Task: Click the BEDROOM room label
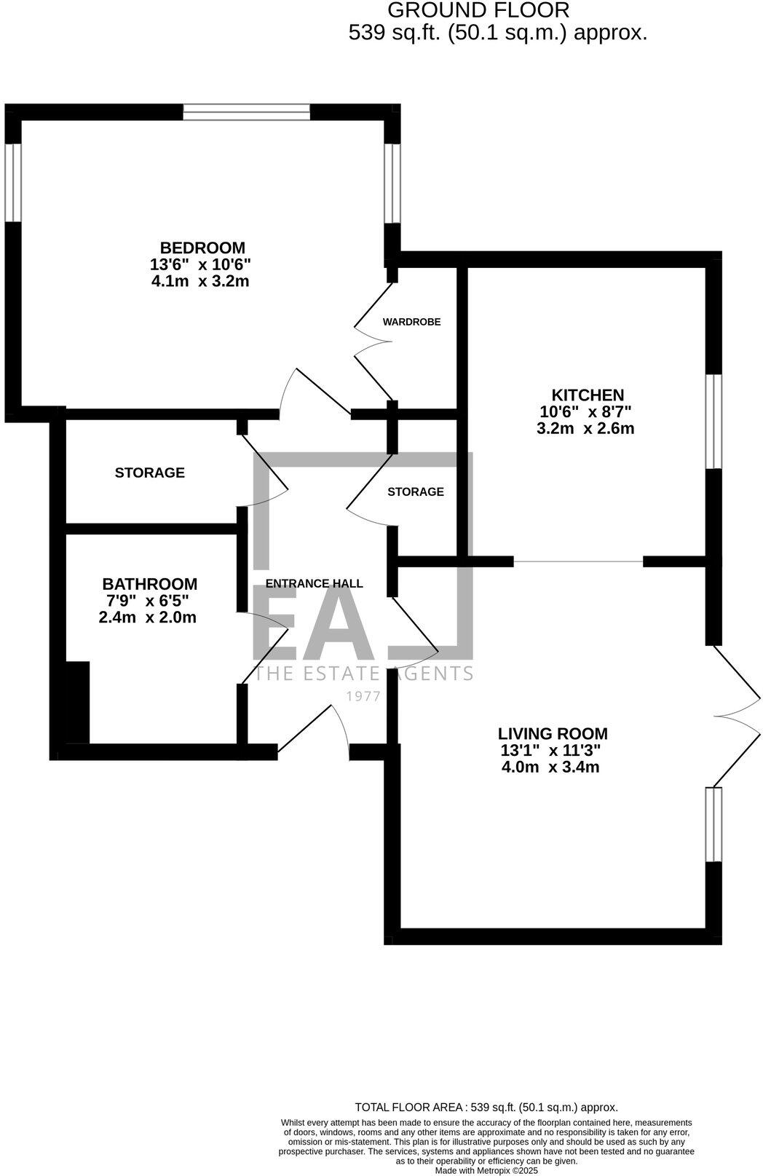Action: pos(202,248)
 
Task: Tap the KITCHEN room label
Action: pos(587,395)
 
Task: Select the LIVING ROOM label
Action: pos(553,734)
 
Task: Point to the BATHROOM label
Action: pos(149,584)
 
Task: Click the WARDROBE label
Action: pos(411,322)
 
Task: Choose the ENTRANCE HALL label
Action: pos(314,583)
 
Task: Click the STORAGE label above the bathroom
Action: pos(149,473)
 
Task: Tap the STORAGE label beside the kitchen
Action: pos(415,492)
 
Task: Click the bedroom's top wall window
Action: pos(246,112)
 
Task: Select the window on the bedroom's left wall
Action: pos(13,182)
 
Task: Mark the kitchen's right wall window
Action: pos(713,422)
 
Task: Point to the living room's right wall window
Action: pos(713,824)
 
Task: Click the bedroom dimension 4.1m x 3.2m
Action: pos(199,281)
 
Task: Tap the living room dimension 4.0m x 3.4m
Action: pos(550,767)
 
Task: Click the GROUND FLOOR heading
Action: pos(478,11)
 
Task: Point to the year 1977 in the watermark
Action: pos(363,696)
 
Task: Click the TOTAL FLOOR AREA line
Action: pos(486,1107)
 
